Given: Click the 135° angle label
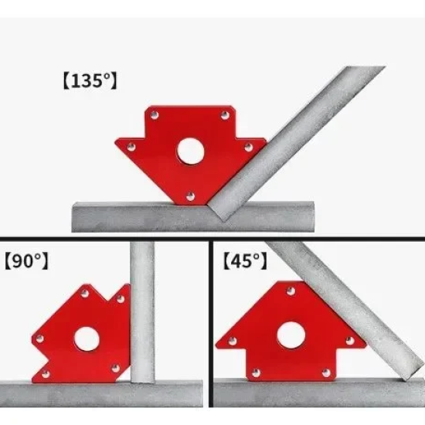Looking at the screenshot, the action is (90, 80).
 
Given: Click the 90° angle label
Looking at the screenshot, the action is (26, 260).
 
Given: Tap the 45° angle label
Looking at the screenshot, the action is (245, 260).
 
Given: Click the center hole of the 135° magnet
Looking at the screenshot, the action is (190, 151).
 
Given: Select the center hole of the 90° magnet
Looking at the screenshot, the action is (87, 339).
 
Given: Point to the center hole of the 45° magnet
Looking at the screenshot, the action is (291, 335).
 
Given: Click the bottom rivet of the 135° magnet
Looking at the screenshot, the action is (191, 196).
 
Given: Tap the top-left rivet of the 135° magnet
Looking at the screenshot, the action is (155, 115).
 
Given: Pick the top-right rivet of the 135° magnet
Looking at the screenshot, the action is (225, 115).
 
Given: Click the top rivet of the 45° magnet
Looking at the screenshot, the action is (291, 291).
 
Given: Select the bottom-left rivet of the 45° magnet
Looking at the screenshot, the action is (256, 373).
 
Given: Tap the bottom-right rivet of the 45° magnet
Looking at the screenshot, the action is (326, 373).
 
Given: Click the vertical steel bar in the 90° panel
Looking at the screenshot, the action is (142, 311).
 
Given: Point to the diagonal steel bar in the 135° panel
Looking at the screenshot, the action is (297, 143).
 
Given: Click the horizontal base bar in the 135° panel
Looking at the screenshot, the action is (193, 217).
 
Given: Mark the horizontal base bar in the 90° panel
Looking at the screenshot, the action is (101, 393).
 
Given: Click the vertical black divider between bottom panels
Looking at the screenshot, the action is (211, 323).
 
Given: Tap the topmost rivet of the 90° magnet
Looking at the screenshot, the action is (85, 294).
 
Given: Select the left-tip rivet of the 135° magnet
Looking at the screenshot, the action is (131, 147).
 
